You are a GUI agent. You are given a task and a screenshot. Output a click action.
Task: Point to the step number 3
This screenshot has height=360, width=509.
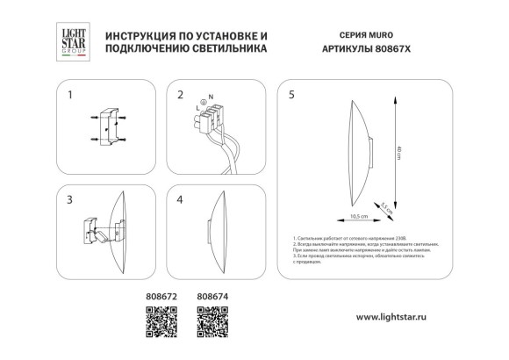point(69,199)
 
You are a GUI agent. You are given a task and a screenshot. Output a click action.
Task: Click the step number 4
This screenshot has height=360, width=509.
point(180,199)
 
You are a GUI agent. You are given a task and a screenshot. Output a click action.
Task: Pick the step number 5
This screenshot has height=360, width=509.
point(291,93)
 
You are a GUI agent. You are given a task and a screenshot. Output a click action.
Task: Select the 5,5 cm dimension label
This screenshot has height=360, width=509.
point(385,210)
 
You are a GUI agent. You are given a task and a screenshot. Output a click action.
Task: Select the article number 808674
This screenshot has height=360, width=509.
point(206,297)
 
